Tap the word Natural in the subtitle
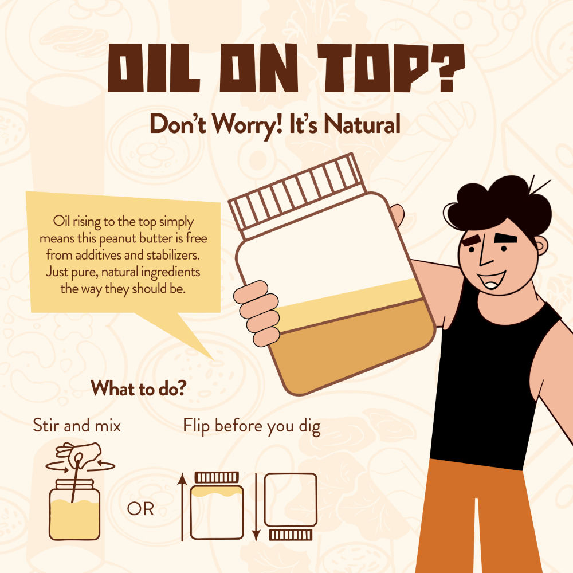tap(362, 124)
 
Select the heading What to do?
tap(139, 388)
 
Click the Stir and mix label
tap(77, 426)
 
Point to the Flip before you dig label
tap(252, 427)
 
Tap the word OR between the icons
tap(140, 509)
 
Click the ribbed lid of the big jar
tap(297, 194)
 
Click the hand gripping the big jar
tap(257, 313)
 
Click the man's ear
tap(541, 245)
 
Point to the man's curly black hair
tap(501, 205)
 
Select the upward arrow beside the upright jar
tap(182, 507)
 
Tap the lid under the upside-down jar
tap(291, 535)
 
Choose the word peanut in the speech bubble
tap(117, 238)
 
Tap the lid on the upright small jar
tap(217, 477)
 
